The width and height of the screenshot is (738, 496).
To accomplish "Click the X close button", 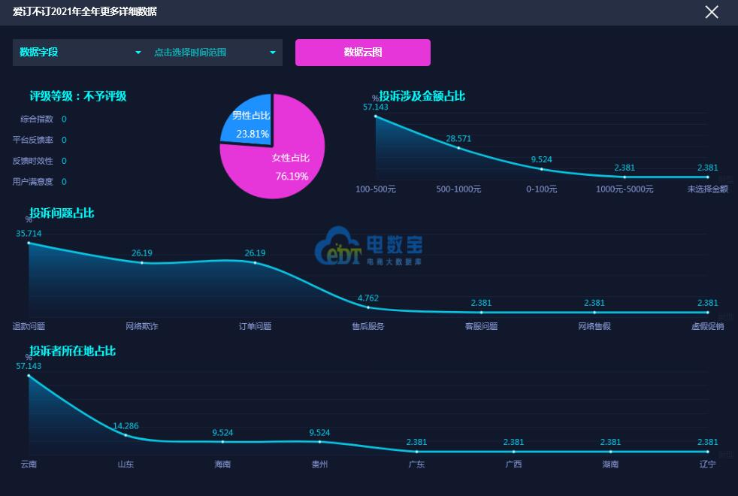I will pyautogui.click(x=711, y=12).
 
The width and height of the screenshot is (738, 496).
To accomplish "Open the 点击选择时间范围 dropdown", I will pyautogui.click(x=215, y=53).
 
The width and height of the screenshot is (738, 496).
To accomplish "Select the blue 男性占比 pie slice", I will pyautogui.click(x=247, y=122).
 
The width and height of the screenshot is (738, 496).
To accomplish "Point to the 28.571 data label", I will pyautogui.click(x=458, y=139).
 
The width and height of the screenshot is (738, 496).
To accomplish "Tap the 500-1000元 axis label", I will pyautogui.click(x=458, y=189).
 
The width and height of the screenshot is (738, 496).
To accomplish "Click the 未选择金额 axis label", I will pyautogui.click(x=707, y=189).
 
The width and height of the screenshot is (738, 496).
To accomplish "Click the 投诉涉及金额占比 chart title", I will pyautogui.click(x=422, y=96).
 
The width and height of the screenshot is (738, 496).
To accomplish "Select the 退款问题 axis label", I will pyautogui.click(x=29, y=326).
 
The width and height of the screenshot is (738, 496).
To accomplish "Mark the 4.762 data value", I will pyautogui.click(x=368, y=298).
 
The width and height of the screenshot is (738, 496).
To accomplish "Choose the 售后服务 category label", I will pyautogui.click(x=368, y=326).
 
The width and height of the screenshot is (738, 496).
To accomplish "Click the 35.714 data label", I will pyautogui.click(x=29, y=234).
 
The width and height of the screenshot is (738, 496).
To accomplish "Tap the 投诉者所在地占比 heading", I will pyautogui.click(x=72, y=351).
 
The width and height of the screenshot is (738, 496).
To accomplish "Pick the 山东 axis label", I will pyautogui.click(x=126, y=464).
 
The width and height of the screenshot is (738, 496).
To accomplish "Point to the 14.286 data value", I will pyautogui.click(x=126, y=426).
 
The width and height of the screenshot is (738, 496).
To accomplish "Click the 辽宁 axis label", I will pyautogui.click(x=707, y=464).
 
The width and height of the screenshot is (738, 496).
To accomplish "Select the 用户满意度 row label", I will pyautogui.click(x=33, y=182).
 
